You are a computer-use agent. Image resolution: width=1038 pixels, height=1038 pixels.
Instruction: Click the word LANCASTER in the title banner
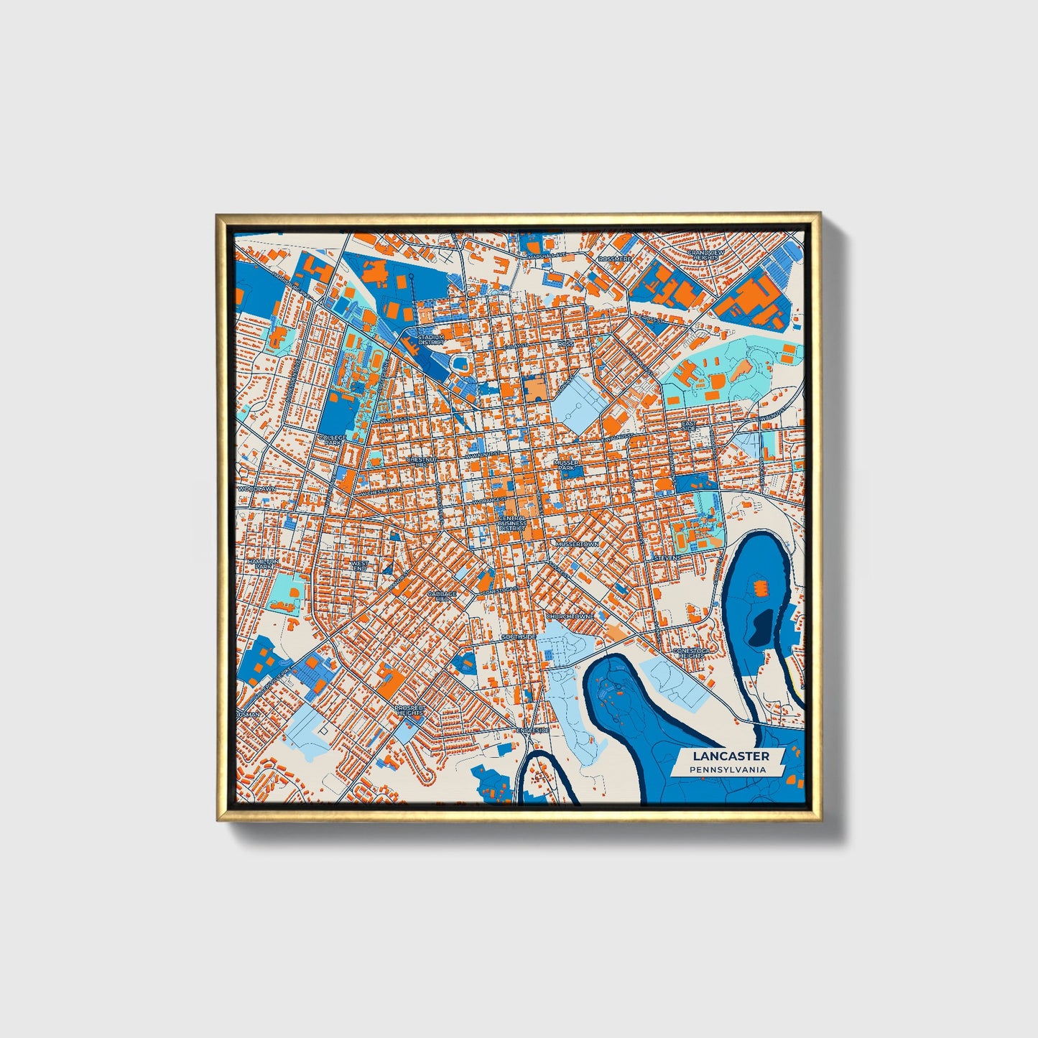pos(731,756)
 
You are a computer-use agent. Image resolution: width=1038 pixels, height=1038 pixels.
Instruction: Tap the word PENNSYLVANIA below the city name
pos(726,770)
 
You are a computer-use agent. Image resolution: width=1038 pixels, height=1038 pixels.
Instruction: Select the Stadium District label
pos(431,339)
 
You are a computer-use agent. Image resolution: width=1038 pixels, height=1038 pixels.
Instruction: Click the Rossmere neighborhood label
pos(614,259)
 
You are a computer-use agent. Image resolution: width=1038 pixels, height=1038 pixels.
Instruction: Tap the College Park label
pos(333,440)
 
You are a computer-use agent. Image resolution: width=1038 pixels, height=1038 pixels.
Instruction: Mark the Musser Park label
pos(567,465)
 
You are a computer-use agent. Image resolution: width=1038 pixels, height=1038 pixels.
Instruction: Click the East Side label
pos(689,425)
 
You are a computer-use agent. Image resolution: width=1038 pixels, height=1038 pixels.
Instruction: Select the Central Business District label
pos(512,523)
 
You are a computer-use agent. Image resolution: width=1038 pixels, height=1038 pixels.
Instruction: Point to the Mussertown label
pos(576,544)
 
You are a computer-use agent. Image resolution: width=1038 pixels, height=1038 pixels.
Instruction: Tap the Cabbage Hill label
pos(442,597)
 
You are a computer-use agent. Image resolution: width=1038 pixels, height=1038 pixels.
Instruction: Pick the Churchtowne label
pos(570,616)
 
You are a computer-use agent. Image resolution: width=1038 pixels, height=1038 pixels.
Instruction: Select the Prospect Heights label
pos(410,710)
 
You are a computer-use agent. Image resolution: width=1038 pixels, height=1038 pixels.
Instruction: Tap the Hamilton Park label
pos(262,564)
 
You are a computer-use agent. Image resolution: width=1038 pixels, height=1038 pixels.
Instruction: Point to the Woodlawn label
pos(256,488)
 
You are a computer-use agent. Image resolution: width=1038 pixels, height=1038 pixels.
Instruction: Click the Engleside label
pos(533,730)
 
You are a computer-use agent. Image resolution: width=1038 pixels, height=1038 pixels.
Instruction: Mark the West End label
pos(359,566)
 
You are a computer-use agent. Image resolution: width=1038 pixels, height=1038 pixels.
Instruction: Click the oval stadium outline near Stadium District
pos(460,363)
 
